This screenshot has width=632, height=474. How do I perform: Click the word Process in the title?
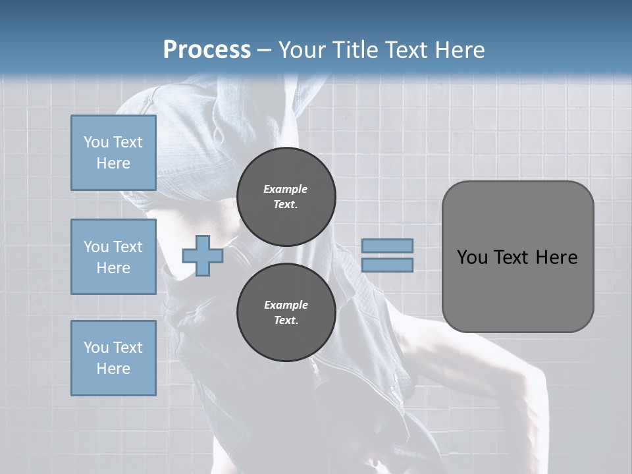(x=207, y=49)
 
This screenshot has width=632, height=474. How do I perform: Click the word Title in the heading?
(x=355, y=49)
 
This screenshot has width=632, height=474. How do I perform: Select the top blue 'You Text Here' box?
(x=113, y=153)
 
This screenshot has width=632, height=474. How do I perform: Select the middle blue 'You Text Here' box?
(x=113, y=257)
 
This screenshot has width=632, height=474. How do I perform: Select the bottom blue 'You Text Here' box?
(x=113, y=357)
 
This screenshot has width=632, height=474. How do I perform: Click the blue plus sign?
(x=202, y=255)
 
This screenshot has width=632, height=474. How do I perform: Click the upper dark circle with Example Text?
(x=286, y=196)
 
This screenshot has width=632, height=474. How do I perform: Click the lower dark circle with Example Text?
(x=286, y=312)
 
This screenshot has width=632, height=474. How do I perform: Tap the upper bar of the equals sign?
(x=387, y=246)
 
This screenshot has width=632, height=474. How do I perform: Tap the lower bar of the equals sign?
(x=387, y=265)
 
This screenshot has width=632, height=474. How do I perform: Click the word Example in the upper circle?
(x=286, y=189)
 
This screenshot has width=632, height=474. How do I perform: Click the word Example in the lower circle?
(x=286, y=305)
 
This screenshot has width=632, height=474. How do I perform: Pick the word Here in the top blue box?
(x=113, y=163)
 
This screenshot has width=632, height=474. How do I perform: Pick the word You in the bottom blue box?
(x=96, y=347)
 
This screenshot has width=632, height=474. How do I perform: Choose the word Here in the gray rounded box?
(x=556, y=257)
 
